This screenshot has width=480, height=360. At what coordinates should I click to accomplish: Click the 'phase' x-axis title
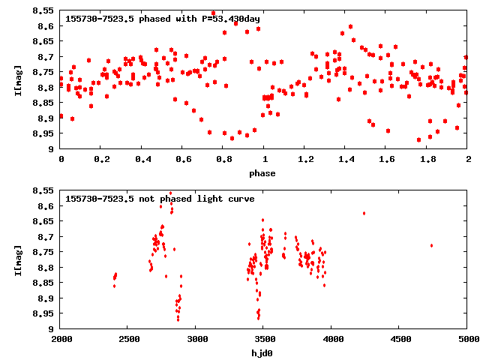[263, 173]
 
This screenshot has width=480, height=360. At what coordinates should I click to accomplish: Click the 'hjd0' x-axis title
[263, 353]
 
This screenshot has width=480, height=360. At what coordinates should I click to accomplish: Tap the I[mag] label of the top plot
[19, 79]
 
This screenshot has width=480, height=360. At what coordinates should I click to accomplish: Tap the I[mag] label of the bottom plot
[19, 259]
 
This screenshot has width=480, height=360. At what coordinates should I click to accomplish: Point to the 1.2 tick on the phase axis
[304, 160]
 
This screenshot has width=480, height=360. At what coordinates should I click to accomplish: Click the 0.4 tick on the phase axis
[142, 160]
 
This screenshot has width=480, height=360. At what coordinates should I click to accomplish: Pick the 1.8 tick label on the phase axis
[427, 160]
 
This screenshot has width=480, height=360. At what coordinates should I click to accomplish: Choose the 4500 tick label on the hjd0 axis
[400, 340]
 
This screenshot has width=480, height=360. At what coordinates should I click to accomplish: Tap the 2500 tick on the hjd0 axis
[128, 340]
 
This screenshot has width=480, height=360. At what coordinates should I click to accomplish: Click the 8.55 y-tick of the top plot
[43, 11]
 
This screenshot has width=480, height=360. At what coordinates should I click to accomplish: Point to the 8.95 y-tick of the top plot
[43, 133]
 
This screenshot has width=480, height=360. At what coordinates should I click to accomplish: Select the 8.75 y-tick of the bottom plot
[43, 252]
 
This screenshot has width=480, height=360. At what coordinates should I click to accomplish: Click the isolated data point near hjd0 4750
[431, 245]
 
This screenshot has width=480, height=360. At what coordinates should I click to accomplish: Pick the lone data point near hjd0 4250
[364, 213]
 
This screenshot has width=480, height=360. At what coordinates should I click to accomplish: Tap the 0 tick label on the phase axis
[61, 160]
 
